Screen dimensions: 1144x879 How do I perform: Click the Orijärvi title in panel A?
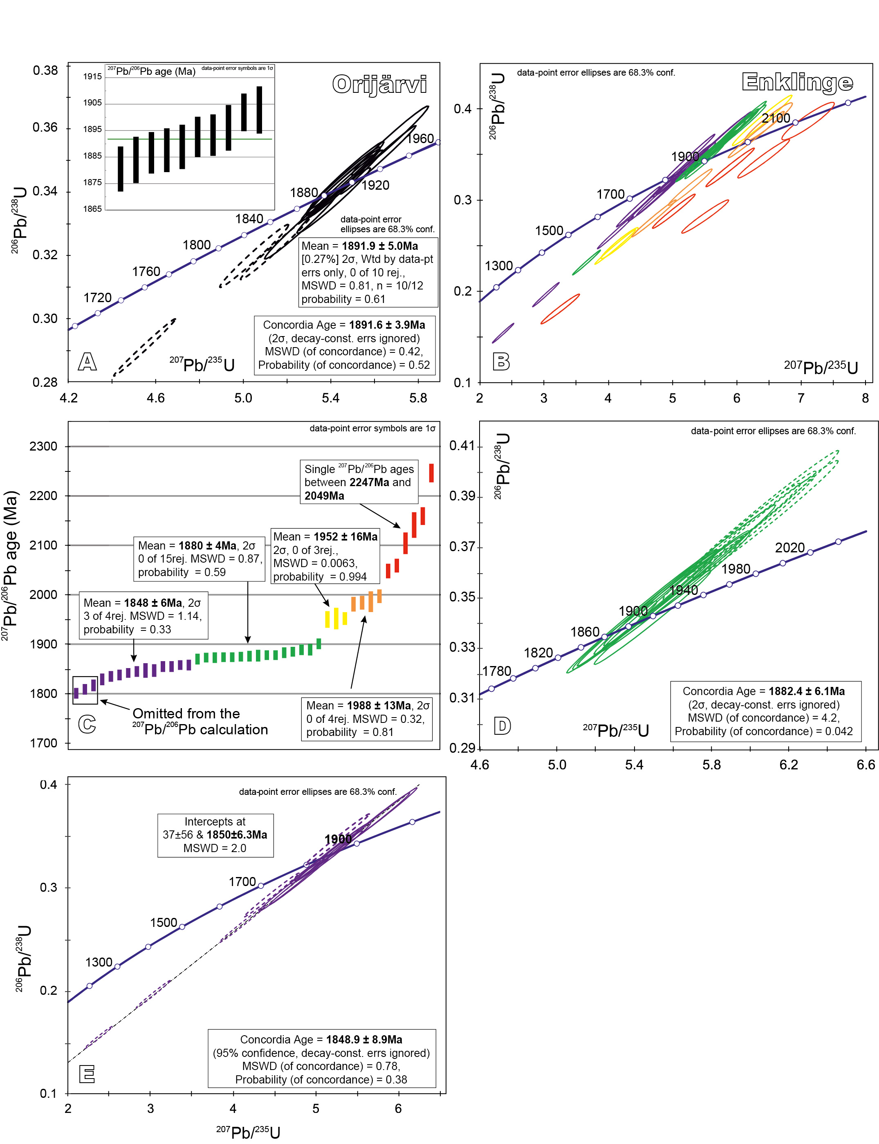click(x=379, y=85)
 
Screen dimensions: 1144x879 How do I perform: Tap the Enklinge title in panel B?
click(x=797, y=82)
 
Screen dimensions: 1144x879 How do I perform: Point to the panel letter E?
click(x=87, y=1074)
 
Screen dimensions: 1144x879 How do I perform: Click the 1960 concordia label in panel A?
click(x=420, y=139)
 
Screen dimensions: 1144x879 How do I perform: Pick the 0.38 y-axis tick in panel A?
click(x=45, y=71)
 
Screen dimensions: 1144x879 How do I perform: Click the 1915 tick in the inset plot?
click(x=93, y=76)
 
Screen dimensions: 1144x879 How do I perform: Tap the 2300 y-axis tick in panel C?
click(x=43, y=446)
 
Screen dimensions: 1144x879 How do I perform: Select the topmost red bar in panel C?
click(x=432, y=473)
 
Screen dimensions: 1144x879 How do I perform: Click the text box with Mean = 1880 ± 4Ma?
click(x=199, y=559)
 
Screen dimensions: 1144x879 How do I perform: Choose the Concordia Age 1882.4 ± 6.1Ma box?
click(x=763, y=711)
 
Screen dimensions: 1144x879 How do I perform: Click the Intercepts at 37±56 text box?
click(x=215, y=835)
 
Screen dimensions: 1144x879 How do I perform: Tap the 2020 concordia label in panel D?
click(x=789, y=548)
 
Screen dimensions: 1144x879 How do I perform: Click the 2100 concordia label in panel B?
click(x=776, y=118)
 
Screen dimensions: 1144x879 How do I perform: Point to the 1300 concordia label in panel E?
click(x=99, y=962)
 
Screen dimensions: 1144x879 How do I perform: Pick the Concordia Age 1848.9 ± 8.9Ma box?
click(x=322, y=1059)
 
